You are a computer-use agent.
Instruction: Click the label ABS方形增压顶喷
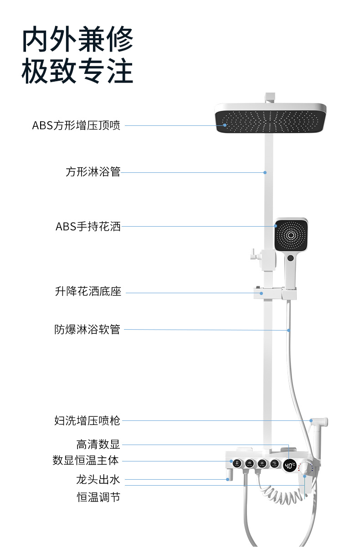(76, 125)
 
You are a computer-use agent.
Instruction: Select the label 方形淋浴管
(93, 172)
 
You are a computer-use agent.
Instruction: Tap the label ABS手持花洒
(88, 227)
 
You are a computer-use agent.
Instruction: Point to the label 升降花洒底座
(88, 291)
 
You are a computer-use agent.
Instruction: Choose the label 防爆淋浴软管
(87, 329)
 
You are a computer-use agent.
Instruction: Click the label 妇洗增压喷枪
(87, 420)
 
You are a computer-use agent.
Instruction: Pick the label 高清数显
(98, 444)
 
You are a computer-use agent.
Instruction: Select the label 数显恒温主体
(86, 460)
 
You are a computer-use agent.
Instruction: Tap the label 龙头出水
(98, 480)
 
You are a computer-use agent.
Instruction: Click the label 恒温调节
(98, 497)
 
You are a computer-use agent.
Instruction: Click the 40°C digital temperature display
(290, 466)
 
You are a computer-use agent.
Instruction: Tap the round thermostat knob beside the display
(305, 468)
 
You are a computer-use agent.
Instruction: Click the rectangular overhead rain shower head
(270, 119)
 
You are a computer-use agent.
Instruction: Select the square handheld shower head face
(291, 235)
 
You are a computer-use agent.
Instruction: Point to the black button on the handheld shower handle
(290, 258)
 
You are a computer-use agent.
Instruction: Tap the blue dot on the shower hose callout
(289, 331)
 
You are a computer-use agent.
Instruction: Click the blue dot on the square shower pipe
(265, 172)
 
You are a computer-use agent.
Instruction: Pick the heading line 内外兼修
(77, 39)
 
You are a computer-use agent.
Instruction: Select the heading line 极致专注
(77, 71)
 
